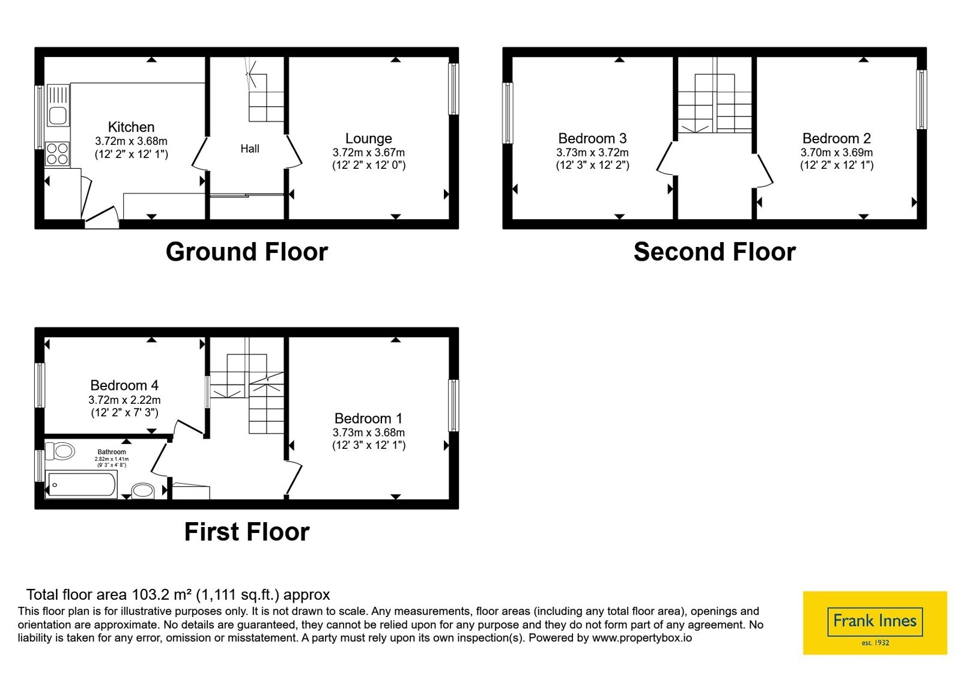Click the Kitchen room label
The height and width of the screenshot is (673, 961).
131,127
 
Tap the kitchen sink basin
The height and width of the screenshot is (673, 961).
58,115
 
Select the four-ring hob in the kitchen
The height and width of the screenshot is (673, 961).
57,154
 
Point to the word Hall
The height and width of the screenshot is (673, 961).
250,149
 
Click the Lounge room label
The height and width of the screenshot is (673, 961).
369,139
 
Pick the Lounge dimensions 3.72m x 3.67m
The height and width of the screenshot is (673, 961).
369,153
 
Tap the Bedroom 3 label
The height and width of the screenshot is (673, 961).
592,139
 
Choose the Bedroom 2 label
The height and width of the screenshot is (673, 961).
837,139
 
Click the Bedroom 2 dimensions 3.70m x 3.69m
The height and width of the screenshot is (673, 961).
837,153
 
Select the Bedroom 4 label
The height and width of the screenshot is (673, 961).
124,385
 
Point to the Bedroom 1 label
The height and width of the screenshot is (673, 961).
369,418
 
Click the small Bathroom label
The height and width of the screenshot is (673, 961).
112,452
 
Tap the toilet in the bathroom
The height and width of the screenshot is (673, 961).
60,451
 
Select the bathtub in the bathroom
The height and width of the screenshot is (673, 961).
81,484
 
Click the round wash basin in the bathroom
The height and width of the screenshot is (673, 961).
143,491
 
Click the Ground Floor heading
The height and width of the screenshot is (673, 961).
247,252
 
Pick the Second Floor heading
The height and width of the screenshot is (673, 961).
715,252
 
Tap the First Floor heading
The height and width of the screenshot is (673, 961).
247,532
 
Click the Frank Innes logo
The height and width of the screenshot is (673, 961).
875,623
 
